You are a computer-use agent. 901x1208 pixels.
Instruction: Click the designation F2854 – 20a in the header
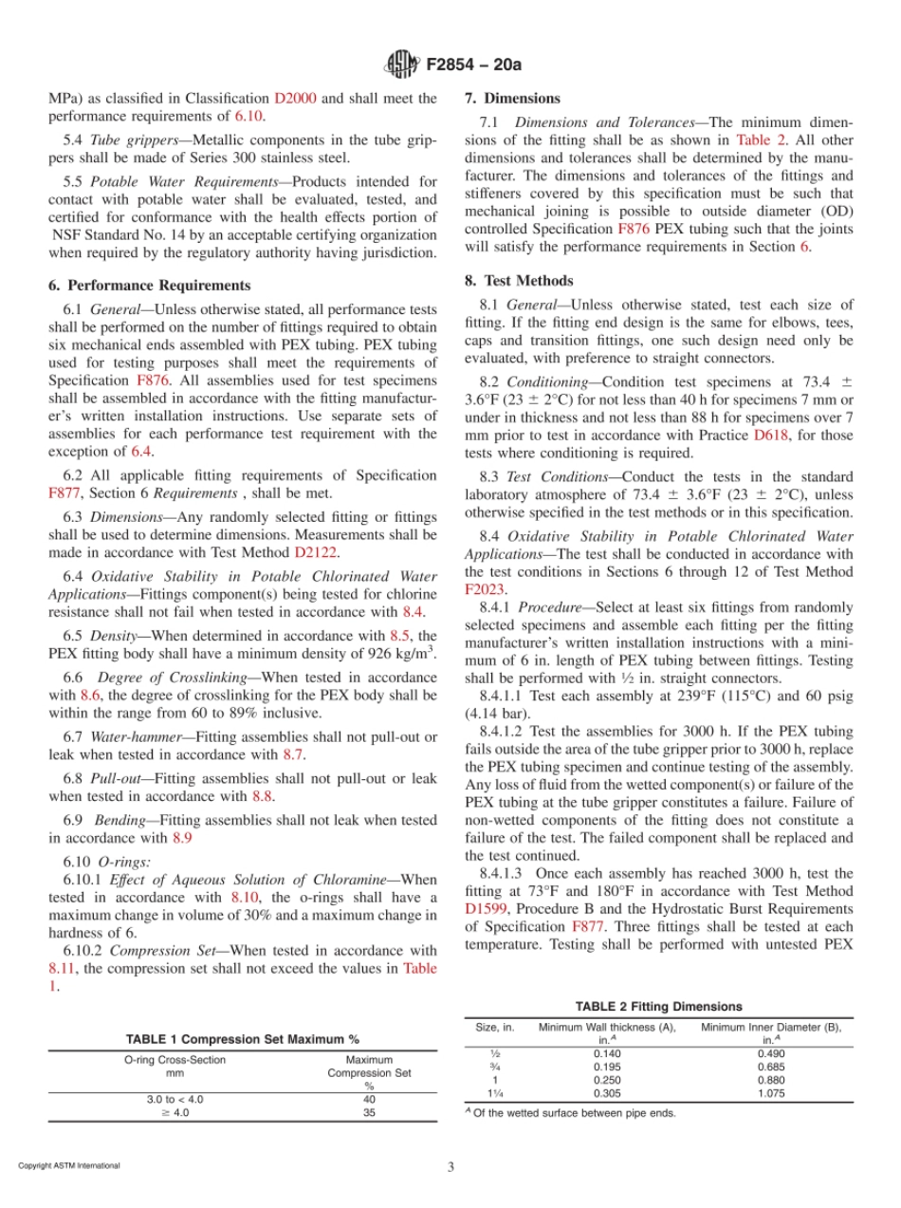[466, 65]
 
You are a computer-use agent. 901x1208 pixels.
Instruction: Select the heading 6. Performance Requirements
[149, 286]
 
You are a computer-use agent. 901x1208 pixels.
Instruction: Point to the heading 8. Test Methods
[519, 281]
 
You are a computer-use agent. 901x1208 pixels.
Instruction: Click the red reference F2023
[484, 588]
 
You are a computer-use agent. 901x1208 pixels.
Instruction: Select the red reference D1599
[486, 907]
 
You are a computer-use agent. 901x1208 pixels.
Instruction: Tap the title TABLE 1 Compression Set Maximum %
[243, 1040]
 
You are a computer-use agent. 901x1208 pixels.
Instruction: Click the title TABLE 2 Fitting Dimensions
[658, 1007]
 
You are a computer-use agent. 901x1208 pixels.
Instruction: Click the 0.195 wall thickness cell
[607, 1067]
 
